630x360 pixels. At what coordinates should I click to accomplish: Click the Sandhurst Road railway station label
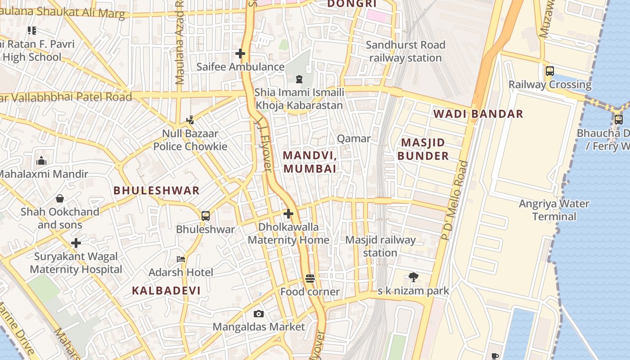coord(405,51)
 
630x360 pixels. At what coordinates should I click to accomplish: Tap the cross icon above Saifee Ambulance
coord(240,54)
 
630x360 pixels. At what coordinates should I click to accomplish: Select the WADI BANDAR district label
coord(478,114)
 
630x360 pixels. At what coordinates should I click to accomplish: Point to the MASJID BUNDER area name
coord(423,149)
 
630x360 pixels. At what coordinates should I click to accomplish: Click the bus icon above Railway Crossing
coord(549,71)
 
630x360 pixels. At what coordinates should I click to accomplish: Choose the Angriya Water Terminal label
coord(554,210)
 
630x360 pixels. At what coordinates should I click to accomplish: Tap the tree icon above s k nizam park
coord(413,277)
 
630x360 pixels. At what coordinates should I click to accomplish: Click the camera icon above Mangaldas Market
coord(259,314)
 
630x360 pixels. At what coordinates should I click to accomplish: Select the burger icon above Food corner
coord(310,279)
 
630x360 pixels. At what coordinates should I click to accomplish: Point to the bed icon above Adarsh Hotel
coord(181,259)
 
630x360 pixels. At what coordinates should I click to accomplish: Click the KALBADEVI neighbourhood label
coord(166,291)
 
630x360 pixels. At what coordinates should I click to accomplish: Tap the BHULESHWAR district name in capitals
coord(157,190)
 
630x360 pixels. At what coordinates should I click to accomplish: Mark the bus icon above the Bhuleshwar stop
coord(206,216)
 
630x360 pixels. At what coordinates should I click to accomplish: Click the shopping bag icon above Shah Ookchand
coord(60,198)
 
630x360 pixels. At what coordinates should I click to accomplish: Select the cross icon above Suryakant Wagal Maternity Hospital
coord(76,243)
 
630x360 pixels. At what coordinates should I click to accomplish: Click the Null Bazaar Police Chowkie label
coord(190,140)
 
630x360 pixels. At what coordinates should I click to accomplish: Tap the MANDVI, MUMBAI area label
coord(310,162)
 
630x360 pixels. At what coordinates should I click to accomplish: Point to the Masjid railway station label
coord(380,246)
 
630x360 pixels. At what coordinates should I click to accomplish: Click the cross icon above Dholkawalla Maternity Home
coord(288,214)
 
